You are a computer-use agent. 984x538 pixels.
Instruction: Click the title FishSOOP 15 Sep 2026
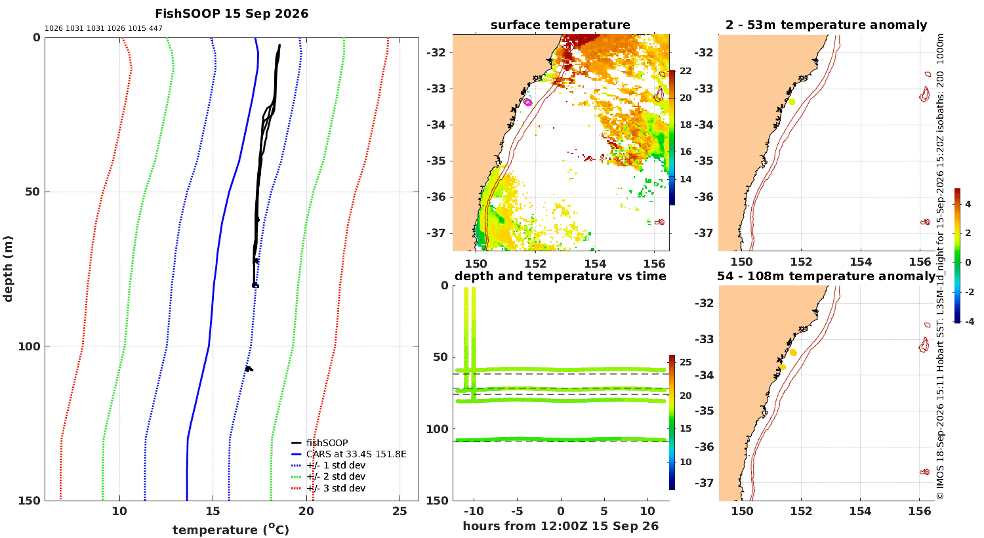coord(232,14)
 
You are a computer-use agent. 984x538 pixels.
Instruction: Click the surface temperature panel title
coord(560,25)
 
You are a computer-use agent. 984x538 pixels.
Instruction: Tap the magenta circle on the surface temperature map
coord(528,102)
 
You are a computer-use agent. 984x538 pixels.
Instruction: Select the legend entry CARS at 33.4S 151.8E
coord(356,454)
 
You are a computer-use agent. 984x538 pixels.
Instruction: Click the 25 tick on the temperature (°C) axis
coord(400,511)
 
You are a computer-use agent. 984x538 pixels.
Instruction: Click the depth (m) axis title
coord(8,269)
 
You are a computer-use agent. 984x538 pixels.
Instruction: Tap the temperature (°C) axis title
coord(231,529)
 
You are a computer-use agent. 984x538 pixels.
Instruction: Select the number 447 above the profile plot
coord(155,29)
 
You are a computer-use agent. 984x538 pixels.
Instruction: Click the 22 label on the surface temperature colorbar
coord(686,71)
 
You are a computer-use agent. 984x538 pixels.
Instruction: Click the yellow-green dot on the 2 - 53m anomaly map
coord(792,102)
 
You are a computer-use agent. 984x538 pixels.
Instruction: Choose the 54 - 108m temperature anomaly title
coord(827,276)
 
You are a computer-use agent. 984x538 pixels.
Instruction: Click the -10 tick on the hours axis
coord(474,511)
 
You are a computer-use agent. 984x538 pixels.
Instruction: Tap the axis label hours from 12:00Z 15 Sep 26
coord(560,526)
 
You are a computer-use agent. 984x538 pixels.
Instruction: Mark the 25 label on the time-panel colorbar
coord(686,362)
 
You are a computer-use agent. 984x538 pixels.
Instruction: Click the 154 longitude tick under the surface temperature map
coord(595,264)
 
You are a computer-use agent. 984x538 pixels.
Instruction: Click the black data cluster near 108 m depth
coord(249,369)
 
